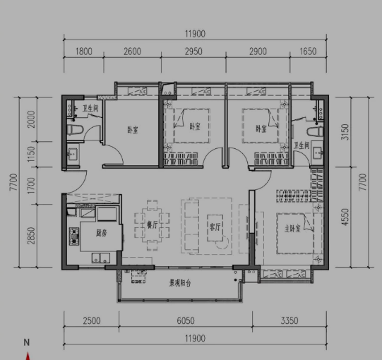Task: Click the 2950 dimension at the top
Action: [193, 52]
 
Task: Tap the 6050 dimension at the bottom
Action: [186, 320]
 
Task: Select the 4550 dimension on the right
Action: [345, 217]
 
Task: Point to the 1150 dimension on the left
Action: [31, 154]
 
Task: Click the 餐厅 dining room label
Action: [152, 224]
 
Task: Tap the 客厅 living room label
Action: [215, 227]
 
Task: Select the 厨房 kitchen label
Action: [102, 233]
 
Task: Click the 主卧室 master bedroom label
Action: [292, 229]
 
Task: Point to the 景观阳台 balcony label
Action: [180, 283]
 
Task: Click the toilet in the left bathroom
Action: [75, 130]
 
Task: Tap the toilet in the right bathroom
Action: [315, 132]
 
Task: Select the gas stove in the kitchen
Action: [74, 236]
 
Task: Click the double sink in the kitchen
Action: [100, 258]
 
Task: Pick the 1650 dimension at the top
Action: [308, 52]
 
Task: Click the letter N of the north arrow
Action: [27, 342]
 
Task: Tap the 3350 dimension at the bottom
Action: [290, 320]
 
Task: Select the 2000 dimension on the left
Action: [31, 119]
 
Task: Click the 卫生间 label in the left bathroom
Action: [90, 108]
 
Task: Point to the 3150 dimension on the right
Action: [345, 132]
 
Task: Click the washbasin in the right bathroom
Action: [318, 153]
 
